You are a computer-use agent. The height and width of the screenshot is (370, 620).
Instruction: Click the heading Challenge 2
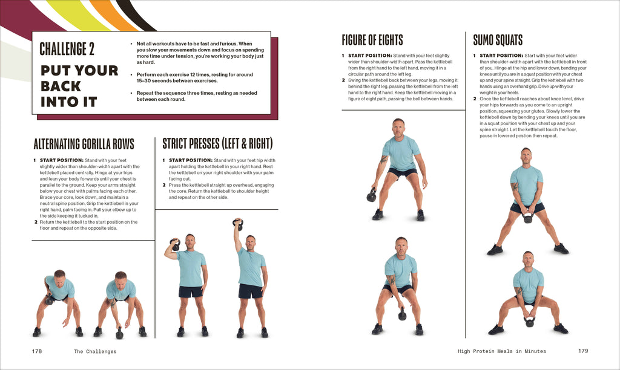pos(67,48)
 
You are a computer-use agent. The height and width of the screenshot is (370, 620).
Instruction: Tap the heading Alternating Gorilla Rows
pos(84,144)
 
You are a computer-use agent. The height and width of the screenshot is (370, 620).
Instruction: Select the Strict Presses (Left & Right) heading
pos(217,143)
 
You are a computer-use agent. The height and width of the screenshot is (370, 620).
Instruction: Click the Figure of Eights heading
pos(372,41)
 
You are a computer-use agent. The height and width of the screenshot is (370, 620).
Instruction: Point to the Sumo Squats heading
pos(498,41)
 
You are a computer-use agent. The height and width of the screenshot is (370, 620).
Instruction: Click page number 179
pos(582,351)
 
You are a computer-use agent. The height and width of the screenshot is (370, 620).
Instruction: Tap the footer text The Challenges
pos(95,351)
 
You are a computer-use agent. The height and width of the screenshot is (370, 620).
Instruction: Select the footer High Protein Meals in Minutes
pos(502,351)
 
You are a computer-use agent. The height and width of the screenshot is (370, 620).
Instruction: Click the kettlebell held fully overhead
pos(238,225)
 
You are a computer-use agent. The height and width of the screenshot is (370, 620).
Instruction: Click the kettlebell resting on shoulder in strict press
pos(176,245)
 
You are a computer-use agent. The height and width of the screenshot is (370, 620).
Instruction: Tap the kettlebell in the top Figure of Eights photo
pos(372,196)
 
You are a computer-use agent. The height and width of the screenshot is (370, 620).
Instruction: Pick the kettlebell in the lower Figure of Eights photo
pos(402,315)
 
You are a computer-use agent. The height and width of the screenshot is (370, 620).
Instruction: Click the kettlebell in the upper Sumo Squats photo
pos(528,218)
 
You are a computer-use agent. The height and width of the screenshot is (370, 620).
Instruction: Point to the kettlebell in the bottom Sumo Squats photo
pos(530,322)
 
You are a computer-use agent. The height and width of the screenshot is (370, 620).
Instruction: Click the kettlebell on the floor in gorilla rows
pos(119,333)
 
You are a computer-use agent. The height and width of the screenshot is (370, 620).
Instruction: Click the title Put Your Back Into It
pos(79,86)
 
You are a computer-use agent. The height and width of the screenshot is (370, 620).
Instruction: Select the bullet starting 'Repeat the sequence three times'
pos(196,96)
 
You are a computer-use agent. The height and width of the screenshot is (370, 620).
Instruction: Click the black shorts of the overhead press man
pos(250,291)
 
